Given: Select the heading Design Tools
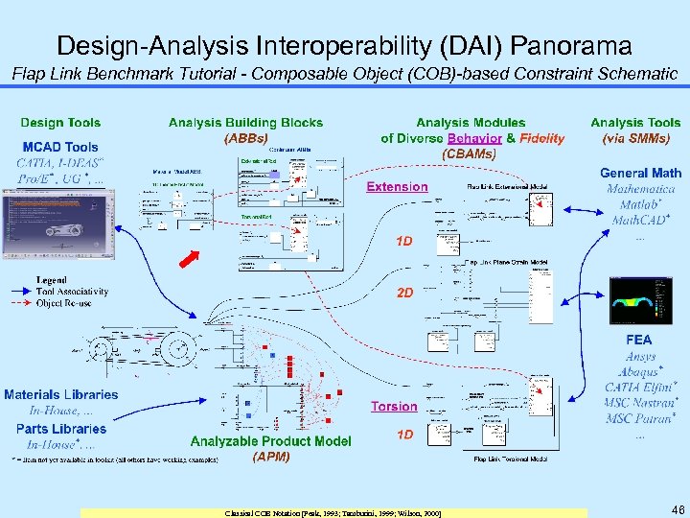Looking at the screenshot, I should (x=60, y=123).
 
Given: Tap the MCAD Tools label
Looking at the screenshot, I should (x=60, y=147).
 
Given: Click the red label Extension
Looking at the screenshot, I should (x=397, y=187).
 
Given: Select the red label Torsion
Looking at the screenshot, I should (x=394, y=407).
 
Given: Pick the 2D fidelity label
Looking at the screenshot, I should (x=404, y=293).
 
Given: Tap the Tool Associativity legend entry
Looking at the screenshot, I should (x=73, y=292).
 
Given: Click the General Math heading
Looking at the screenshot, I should (x=640, y=174).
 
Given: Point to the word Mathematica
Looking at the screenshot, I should (x=640, y=189).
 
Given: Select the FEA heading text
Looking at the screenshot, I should (x=638, y=340).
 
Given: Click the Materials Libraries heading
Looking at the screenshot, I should (x=61, y=394).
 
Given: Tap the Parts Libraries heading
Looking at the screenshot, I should (x=61, y=429).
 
